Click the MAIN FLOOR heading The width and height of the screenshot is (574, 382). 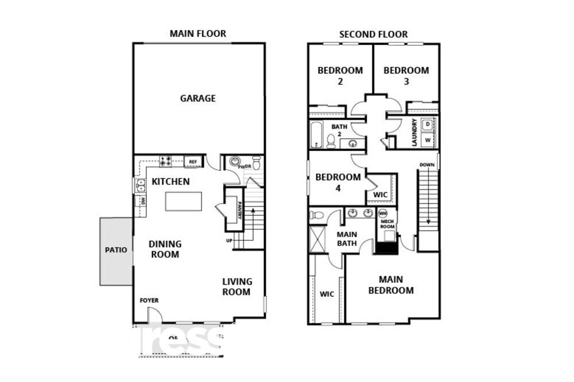pyautogui.click(x=197, y=34)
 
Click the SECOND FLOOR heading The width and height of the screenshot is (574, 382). pyautogui.click(x=373, y=34)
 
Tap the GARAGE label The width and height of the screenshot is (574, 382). pyautogui.click(x=198, y=98)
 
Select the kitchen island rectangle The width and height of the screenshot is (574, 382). pyautogui.click(x=184, y=202)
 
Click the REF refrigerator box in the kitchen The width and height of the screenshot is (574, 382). pyautogui.click(x=192, y=162)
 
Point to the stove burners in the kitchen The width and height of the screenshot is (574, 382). pyautogui.click(x=165, y=161)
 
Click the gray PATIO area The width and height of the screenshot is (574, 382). pyautogui.click(x=116, y=251)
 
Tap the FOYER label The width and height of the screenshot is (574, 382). pyautogui.click(x=149, y=300)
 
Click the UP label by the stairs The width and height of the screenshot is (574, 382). pyautogui.click(x=229, y=240)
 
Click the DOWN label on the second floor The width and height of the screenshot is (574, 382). pyautogui.click(x=426, y=165)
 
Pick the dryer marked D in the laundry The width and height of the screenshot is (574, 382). pyautogui.click(x=428, y=124)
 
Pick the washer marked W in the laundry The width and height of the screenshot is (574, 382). pyautogui.click(x=428, y=139)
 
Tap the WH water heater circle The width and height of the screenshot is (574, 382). pyautogui.click(x=383, y=213)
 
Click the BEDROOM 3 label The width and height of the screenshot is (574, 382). pyautogui.click(x=406, y=76)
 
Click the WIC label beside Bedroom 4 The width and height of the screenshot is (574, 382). pyautogui.click(x=380, y=195)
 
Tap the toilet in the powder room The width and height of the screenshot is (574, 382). pyautogui.click(x=256, y=162)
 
